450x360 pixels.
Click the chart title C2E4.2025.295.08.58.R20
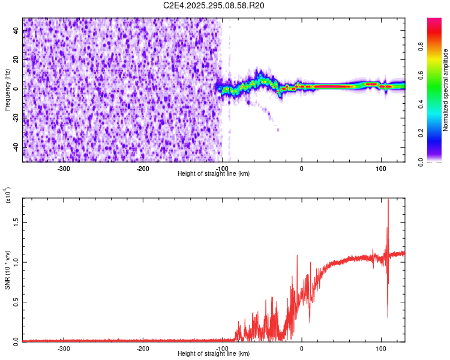(x=214, y=5)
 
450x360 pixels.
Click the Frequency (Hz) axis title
(x=8, y=89)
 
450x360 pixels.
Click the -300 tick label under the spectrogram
(x=64, y=167)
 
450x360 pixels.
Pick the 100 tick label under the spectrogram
(x=380, y=167)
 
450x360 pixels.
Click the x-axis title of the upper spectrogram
(x=214, y=173)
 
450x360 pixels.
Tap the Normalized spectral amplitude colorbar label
(x=446, y=89)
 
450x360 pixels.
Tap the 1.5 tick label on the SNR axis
(x=17, y=222)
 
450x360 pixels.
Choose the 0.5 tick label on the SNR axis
(x=17, y=301)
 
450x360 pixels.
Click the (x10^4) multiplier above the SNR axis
(x=8, y=196)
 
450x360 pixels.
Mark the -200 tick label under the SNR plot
(x=143, y=348)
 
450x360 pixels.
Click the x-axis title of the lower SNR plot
(x=214, y=354)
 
